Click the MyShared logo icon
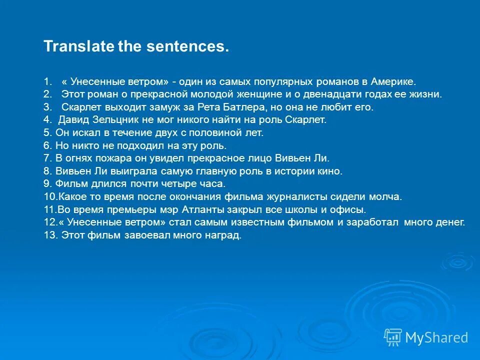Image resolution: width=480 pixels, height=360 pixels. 393,337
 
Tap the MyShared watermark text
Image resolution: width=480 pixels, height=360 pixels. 436,338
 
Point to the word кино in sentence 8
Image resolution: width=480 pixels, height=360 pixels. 332,171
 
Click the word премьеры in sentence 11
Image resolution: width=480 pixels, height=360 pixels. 121,210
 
